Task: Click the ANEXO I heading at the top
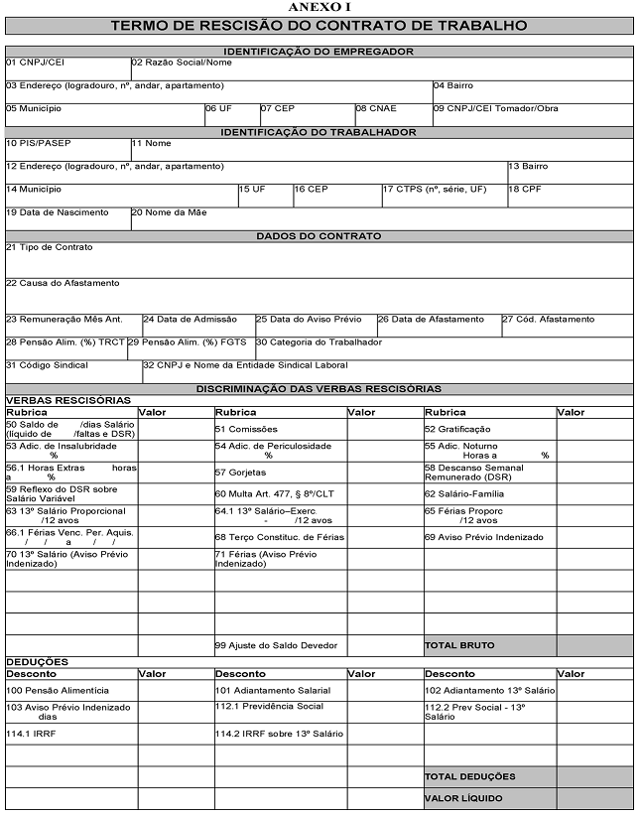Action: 319,7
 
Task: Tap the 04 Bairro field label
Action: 453,85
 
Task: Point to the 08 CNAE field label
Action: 376,108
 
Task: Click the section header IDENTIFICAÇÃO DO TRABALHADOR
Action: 319,131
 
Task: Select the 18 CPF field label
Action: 527,189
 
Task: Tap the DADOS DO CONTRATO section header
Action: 319,236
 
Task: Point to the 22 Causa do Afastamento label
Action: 63,283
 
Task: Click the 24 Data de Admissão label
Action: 191,320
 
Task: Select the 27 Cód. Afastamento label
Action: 548,320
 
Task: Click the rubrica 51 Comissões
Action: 247,429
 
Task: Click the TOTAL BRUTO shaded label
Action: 459,645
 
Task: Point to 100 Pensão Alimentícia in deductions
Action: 58,689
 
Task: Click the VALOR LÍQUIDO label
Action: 463,797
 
